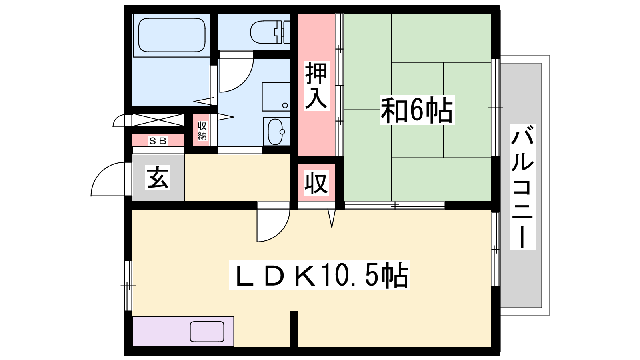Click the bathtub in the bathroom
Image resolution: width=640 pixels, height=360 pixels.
pyautogui.click(x=172, y=35)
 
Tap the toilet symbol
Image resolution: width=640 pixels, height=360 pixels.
pyautogui.click(x=270, y=32)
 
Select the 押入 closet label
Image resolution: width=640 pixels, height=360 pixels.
pyautogui.click(x=316, y=86)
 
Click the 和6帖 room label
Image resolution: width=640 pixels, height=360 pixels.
pyautogui.click(x=417, y=110)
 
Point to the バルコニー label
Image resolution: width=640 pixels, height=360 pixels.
pyautogui.click(x=522, y=187)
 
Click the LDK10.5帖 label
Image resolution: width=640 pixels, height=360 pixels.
pyautogui.click(x=320, y=275)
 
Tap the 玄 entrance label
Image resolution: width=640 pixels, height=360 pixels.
pyautogui.click(x=158, y=178)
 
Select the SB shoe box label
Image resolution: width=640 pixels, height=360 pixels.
pyautogui.click(x=158, y=140)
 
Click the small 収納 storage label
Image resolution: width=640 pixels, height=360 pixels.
pyautogui.click(x=202, y=130)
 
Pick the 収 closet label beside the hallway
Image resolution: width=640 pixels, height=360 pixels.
pyautogui.click(x=316, y=183)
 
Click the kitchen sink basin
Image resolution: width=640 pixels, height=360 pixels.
pyautogui.click(x=207, y=332)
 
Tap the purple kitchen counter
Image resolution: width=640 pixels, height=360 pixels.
pyautogui.click(x=183, y=332)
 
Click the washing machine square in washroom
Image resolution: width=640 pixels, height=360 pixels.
pyautogui.click(x=276, y=97)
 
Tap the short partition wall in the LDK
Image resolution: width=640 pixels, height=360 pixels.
pyautogui.click(x=294, y=329)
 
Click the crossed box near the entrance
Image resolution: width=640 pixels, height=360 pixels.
pyautogui.click(x=158, y=120)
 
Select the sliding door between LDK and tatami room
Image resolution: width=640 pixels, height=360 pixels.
pyautogui.click(x=394, y=205)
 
